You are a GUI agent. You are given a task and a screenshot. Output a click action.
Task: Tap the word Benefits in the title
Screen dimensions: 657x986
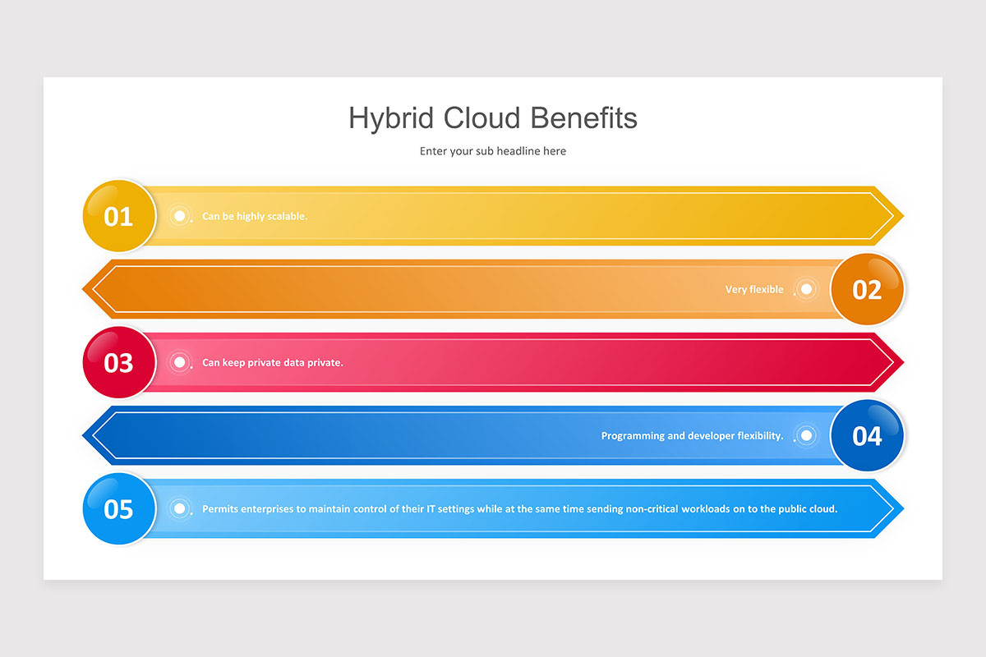584,118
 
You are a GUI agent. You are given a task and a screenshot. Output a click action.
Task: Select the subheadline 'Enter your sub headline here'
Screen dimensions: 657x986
493,151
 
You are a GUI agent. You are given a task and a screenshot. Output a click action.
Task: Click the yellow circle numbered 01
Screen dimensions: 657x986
119,216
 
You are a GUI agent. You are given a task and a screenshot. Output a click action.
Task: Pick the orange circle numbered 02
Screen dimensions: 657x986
867,289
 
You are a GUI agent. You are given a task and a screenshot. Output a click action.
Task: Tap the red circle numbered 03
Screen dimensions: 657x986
119,362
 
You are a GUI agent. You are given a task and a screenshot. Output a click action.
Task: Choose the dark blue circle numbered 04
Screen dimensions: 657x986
867,435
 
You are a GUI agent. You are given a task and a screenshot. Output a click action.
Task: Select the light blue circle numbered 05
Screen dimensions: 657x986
119,508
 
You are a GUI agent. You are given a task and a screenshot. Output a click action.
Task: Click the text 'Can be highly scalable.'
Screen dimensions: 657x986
255,216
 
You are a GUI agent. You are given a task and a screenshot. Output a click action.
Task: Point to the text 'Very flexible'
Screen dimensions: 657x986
754,289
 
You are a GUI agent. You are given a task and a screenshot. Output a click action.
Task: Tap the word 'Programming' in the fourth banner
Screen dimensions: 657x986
632,435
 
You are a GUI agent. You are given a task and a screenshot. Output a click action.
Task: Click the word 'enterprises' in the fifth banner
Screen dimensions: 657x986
265,508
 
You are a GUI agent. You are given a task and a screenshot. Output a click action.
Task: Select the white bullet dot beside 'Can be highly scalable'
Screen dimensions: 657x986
179,216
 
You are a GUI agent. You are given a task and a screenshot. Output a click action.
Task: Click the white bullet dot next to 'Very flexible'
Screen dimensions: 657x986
807,289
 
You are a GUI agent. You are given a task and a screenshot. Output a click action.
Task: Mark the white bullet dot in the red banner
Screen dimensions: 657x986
179,362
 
